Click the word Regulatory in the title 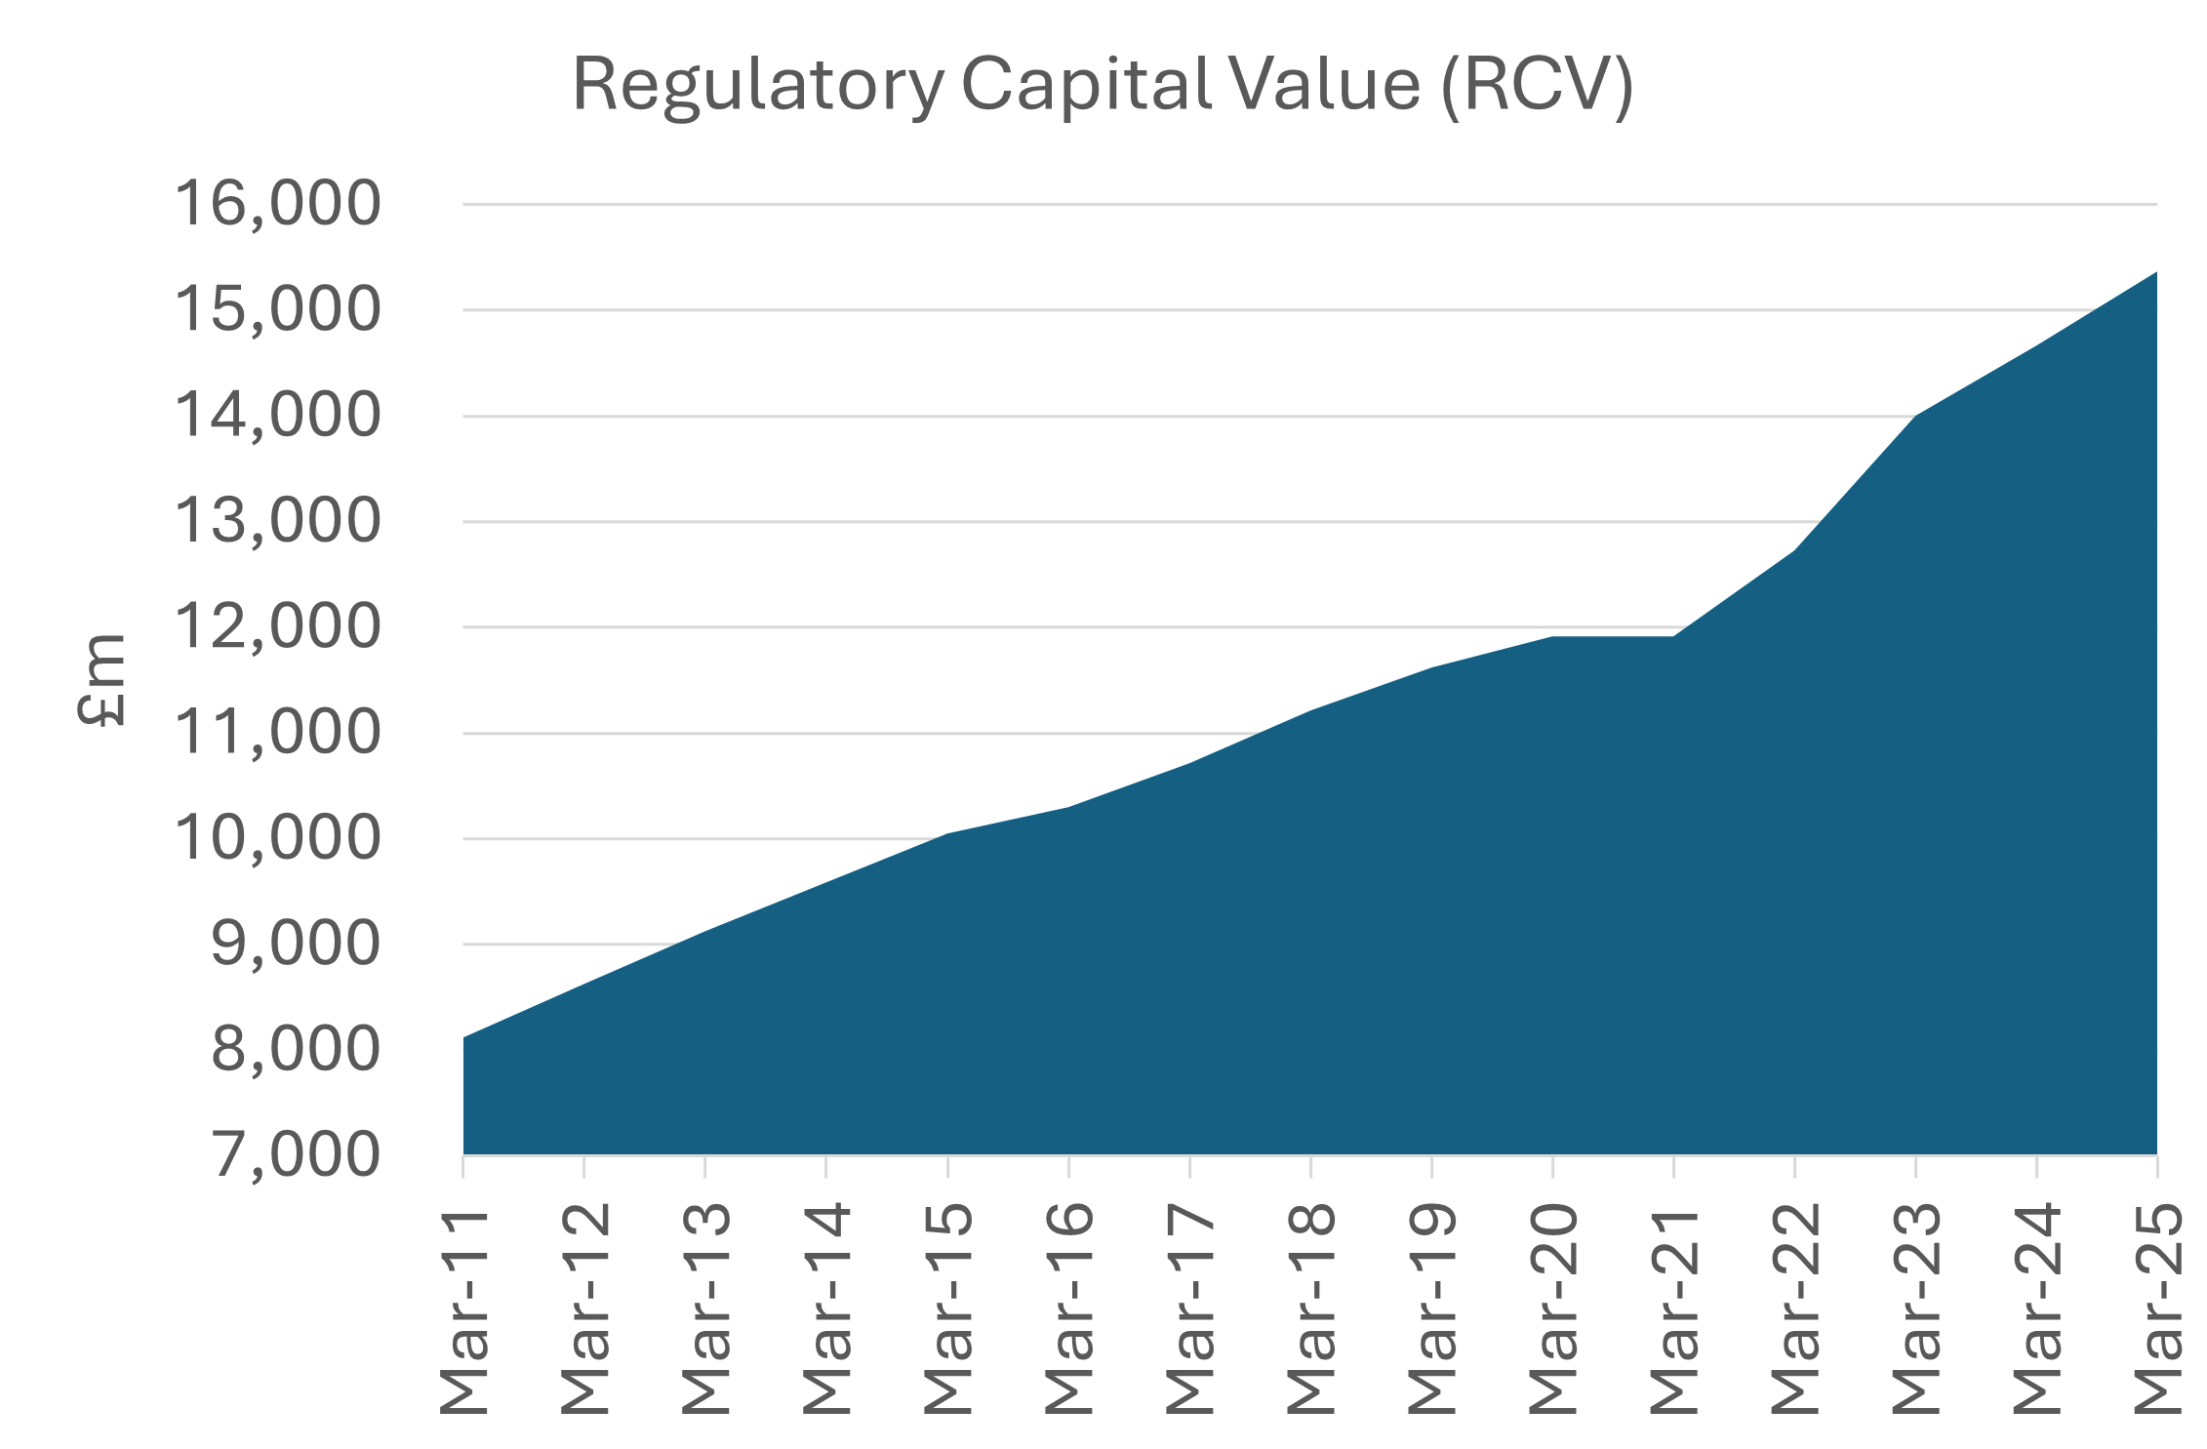(757, 86)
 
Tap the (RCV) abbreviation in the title (1536, 86)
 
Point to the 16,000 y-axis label (277, 204)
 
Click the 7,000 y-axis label (296, 1154)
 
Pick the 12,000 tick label (277, 626)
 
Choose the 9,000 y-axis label (296, 944)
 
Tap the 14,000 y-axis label (277, 415)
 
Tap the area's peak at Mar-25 (2155, 273)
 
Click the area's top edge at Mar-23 (1915, 417)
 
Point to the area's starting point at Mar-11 (464, 1037)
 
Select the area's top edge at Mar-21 (1673, 637)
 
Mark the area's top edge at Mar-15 (947, 834)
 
